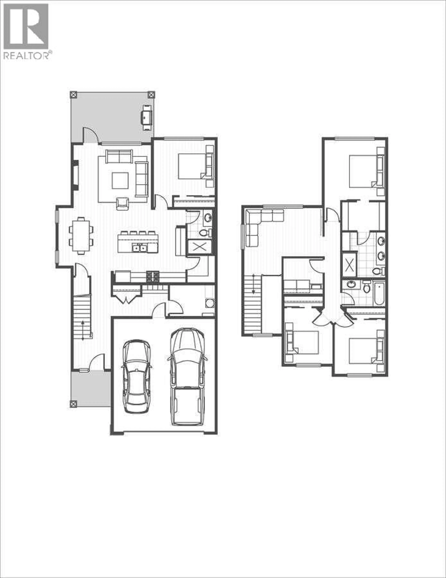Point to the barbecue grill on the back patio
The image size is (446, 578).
click(147, 117)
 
